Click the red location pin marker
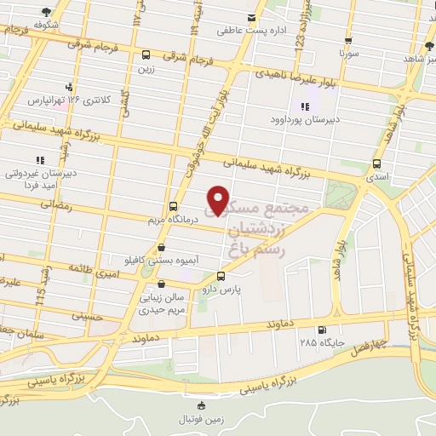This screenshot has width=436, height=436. (x=219, y=200)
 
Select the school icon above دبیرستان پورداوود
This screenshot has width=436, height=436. (x=304, y=106)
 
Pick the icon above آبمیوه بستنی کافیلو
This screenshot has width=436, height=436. (x=161, y=247)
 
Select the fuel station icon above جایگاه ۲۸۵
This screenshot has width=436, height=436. (x=321, y=330)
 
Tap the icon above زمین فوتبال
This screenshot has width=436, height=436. (x=201, y=405)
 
